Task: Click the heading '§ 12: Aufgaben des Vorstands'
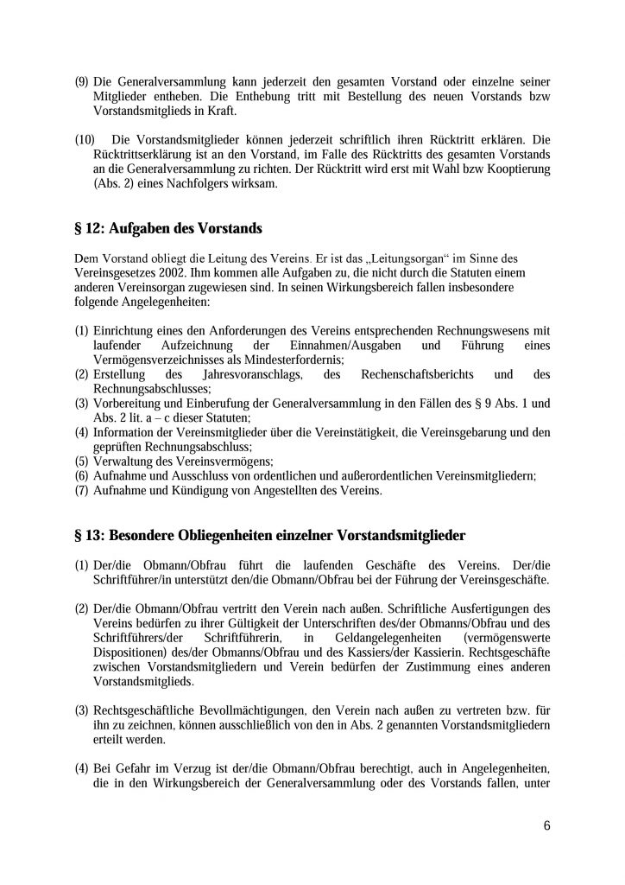tap(168, 229)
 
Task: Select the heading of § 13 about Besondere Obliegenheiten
tap(270, 536)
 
